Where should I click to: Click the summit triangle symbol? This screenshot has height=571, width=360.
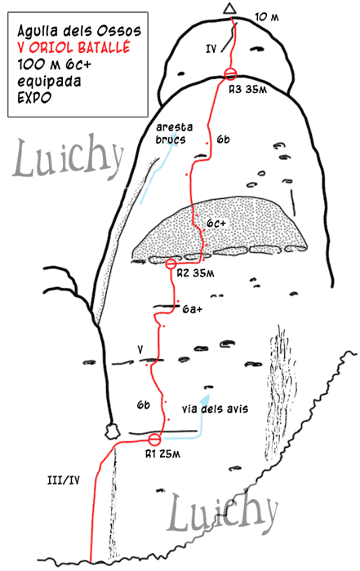229,9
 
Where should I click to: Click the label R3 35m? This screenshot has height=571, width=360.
247,89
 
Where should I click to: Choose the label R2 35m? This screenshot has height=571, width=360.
195,273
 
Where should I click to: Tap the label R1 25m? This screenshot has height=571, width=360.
162,454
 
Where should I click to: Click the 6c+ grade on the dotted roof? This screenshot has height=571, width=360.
216,224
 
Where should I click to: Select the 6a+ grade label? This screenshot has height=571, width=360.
193,309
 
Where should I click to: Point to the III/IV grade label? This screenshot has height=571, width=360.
64,480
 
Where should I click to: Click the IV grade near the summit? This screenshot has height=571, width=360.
211,48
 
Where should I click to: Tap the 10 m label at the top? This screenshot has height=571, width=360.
267,17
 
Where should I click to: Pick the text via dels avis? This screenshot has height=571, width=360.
215,409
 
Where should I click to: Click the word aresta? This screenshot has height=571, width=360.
174,127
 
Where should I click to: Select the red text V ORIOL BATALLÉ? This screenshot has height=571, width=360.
73,47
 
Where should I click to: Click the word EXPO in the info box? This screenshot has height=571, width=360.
34,98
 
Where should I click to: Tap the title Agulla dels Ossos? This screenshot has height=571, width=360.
79,31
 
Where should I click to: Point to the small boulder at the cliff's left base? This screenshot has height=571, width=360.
112,431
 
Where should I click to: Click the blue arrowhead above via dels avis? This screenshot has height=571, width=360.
205,399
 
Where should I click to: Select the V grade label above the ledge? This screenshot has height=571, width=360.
140,350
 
